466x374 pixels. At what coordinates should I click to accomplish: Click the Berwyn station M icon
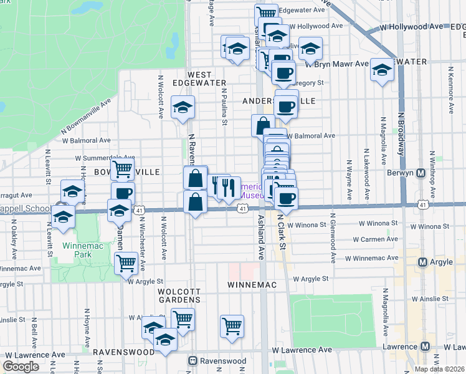[x=421, y=173]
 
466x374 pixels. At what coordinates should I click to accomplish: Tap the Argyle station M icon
[x=423, y=263]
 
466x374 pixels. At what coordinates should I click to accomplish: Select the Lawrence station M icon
[x=426, y=347]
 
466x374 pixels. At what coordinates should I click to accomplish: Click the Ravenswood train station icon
[x=194, y=361]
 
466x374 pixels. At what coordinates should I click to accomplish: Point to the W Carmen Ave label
[x=376, y=239]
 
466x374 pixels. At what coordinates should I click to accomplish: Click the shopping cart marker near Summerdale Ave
[x=123, y=168]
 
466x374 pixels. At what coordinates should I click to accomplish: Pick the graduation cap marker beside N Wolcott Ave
[x=183, y=108]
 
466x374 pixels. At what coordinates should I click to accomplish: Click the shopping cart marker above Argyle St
[x=126, y=263]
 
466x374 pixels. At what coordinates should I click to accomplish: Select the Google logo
[x=21, y=367]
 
